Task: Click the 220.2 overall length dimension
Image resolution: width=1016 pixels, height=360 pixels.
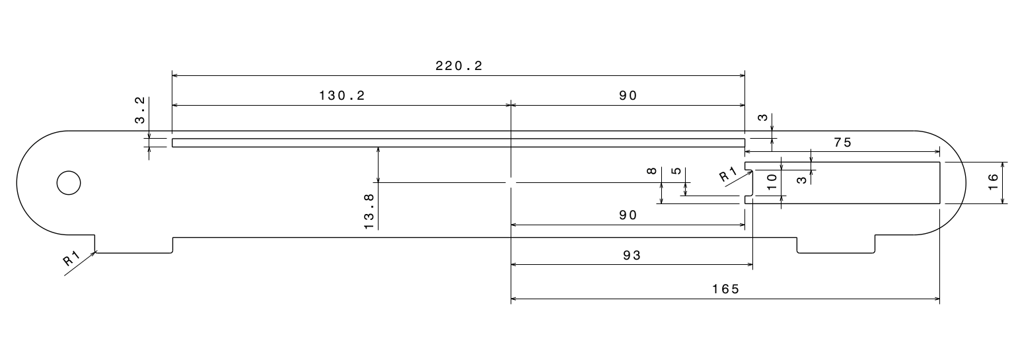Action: [x=459, y=65]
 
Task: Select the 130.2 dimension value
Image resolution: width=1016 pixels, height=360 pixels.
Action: [x=342, y=95]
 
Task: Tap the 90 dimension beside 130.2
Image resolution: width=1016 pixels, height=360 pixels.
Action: [x=628, y=95]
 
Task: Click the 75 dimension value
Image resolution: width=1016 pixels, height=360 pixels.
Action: [x=842, y=143]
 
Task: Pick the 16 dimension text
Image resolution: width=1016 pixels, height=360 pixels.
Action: [x=993, y=183]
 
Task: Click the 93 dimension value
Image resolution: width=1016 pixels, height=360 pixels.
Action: [x=632, y=256]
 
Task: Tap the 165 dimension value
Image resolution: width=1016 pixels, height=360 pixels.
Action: [x=725, y=289]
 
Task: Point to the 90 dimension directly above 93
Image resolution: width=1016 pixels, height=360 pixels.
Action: [x=628, y=215]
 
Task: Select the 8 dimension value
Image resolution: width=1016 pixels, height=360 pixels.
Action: [x=652, y=171]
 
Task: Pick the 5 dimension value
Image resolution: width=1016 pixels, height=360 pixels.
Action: [x=676, y=171]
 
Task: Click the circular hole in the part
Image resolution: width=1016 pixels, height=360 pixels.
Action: [x=69, y=183]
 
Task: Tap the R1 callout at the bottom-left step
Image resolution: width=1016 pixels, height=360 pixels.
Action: [x=71, y=259]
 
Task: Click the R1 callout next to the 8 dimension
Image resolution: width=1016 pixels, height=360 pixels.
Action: [x=727, y=175]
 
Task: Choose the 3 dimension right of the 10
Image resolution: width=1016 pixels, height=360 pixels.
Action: [x=801, y=178]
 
